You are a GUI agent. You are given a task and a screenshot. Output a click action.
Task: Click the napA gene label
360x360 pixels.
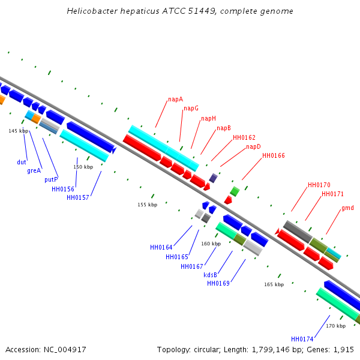(176, 99)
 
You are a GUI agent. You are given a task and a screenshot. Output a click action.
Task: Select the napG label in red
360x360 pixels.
(191, 108)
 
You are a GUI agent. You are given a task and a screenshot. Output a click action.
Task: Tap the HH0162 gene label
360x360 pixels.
(244, 137)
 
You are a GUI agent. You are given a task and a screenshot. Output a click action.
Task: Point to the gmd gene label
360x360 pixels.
(347, 208)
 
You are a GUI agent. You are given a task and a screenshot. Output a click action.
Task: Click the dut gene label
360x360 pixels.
(22, 162)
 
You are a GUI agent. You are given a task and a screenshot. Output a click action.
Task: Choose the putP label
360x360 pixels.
(51, 179)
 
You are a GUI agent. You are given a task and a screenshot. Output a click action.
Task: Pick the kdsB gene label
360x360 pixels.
(211, 275)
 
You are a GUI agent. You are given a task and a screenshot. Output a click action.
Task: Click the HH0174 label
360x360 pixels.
(302, 339)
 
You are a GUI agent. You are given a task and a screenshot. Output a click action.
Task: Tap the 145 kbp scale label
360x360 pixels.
(19, 131)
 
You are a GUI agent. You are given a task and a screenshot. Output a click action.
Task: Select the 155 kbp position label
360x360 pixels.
(148, 205)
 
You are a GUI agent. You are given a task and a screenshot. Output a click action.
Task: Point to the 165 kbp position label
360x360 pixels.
(274, 284)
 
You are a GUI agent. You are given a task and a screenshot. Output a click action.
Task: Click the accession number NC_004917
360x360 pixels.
(65, 350)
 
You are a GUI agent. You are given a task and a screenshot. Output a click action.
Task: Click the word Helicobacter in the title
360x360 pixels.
(92, 11)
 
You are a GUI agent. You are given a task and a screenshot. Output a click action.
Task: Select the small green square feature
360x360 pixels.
(235, 191)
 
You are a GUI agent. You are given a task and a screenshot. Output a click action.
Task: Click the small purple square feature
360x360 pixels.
(213, 178)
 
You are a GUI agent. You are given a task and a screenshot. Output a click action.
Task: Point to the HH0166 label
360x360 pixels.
(274, 155)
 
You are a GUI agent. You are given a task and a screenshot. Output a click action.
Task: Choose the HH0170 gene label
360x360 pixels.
(319, 185)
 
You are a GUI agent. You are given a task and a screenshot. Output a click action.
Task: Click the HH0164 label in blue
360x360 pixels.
(161, 247)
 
